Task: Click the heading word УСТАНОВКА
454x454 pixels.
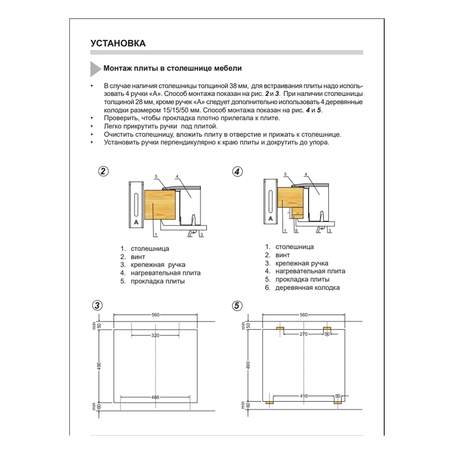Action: [118, 43]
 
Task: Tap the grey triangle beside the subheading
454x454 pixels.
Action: [95, 69]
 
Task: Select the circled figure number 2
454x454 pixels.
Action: [103, 171]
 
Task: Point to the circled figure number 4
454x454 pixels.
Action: [237, 171]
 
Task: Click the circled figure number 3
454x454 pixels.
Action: [97, 306]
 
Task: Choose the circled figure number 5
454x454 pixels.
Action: [237, 306]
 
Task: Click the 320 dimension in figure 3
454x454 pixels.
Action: [155, 335]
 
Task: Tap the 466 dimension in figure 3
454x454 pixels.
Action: [155, 397]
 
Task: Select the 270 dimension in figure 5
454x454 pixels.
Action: [303, 334]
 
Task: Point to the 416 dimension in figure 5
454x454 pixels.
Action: [304, 396]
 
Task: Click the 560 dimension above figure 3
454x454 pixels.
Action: [156, 315]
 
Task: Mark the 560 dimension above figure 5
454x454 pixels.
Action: [304, 315]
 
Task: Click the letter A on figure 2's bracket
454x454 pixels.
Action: [136, 222]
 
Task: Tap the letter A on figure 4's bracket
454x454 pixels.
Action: [271, 218]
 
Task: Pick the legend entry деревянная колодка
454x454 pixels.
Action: [307, 288]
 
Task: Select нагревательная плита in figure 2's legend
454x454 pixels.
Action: [166, 273]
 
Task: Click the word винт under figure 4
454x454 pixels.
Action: [283, 255]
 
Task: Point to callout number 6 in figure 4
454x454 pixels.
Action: [296, 231]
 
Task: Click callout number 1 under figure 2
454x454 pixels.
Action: [156, 235]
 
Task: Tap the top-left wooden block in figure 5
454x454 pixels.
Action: [280, 329]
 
